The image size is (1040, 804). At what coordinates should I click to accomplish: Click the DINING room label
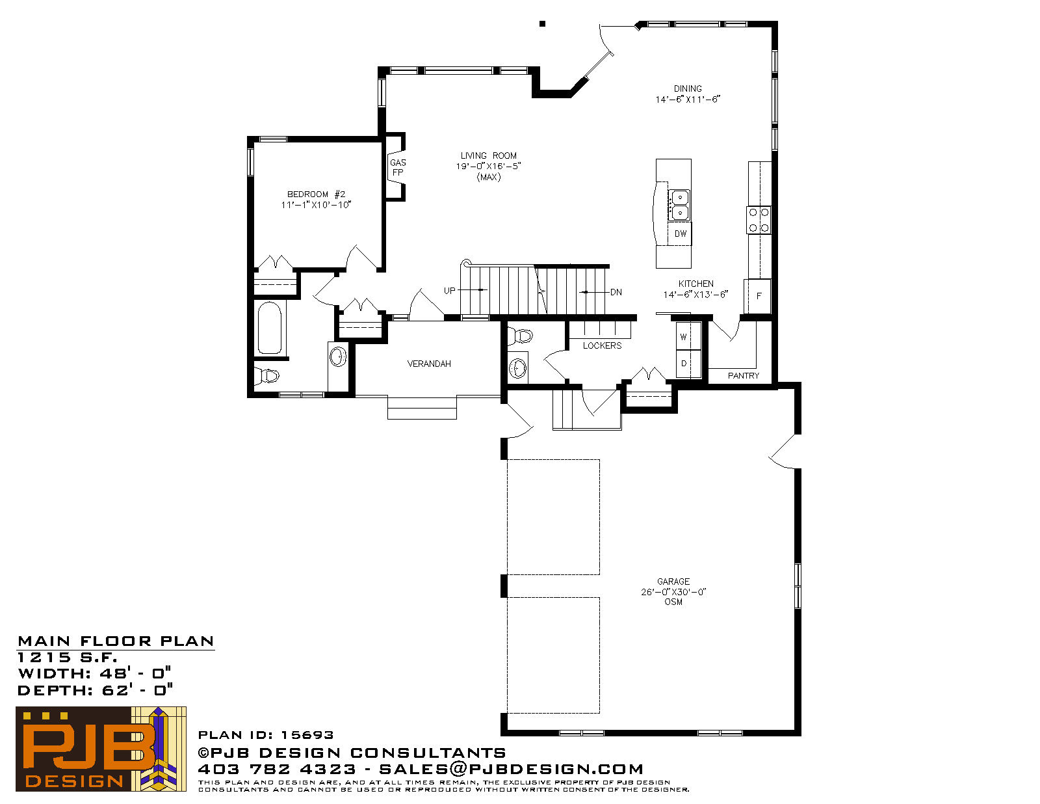(x=688, y=88)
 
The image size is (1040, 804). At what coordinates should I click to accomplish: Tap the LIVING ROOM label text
(x=489, y=155)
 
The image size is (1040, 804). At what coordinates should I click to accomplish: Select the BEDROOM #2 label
(x=316, y=194)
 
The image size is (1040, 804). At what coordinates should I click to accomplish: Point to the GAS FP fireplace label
(x=398, y=168)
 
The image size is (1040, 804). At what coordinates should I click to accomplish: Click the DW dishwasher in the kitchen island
(x=680, y=234)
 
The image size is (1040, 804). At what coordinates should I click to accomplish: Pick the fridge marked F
(x=758, y=296)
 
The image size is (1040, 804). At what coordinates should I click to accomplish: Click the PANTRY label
(x=743, y=376)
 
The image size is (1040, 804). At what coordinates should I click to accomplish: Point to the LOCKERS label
(x=602, y=346)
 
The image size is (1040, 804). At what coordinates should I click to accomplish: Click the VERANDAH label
(x=429, y=364)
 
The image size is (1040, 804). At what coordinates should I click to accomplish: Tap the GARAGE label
(x=673, y=582)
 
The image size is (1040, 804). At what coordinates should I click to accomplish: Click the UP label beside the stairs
(x=449, y=291)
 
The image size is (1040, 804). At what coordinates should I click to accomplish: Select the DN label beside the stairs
(x=616, y=292)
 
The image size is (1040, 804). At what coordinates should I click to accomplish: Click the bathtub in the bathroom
(x=270, y=328)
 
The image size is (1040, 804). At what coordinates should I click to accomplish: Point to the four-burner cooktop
(x=759, y=220)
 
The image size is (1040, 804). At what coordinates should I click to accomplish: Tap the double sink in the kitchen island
(x=679, y=205)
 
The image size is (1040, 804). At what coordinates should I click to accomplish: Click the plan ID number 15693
(x=307, y=735)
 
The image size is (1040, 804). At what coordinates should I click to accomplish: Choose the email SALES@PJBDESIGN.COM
(x=511, y=769)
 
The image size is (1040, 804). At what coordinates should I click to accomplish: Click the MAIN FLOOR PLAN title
(x=116, y=641)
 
